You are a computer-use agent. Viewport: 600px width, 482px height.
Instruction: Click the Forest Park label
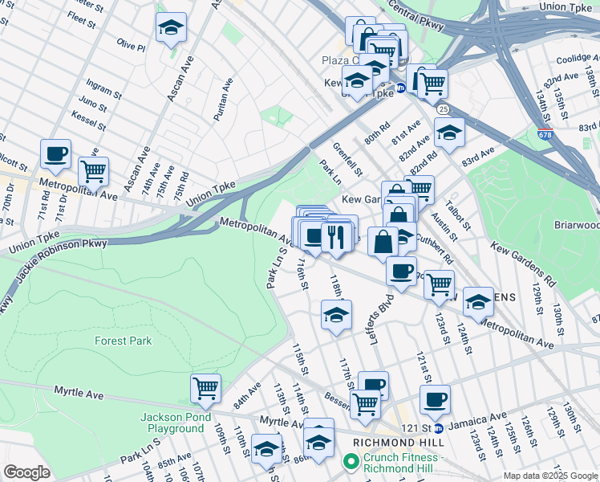click(x=123, y=341)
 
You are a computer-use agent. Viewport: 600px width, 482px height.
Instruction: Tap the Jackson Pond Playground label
click(x=176, y=423)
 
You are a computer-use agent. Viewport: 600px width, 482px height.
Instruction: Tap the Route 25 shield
click(x=443, y=108)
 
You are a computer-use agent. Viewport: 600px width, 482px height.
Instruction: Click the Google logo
click(x=26, y=472)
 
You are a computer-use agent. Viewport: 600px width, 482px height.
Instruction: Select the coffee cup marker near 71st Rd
click(x=55, y=153)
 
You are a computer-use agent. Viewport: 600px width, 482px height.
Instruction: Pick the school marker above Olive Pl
click(x=170, y=29)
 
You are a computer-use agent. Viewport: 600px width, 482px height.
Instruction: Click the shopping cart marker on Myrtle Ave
click(x=205, y=388)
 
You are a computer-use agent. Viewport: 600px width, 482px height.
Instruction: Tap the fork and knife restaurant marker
click(x=334, y=236)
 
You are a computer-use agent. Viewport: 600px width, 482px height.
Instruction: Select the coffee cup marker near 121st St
click(x=435, y=399)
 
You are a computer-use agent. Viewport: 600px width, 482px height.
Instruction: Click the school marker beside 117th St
click(x=336, y=315)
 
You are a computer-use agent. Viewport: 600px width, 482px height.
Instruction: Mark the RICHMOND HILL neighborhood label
click(x=399, y=443)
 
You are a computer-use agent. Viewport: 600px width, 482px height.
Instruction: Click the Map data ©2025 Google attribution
click(x=550, y=476)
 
